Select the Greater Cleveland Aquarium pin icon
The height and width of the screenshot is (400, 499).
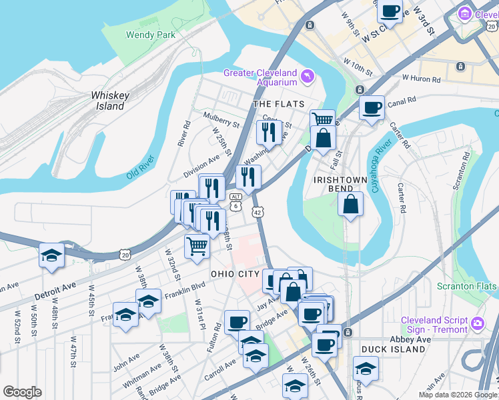click(x=307, y=77)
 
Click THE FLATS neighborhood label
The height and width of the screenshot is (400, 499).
click(x=279, y=104)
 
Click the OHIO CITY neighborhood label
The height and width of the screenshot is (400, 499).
click(x=234, y=274)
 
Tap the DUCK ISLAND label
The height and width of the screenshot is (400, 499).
click(x=393, y=349)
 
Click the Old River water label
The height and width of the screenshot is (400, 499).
click(x=141, y=167)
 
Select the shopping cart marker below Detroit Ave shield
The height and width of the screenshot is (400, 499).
click(x=198, y=247)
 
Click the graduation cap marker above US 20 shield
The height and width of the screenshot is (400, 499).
click(x=51, y=257)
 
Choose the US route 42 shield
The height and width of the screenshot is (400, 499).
click(x=258, y=211)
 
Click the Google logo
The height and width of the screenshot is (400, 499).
click(x=22, y=392)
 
